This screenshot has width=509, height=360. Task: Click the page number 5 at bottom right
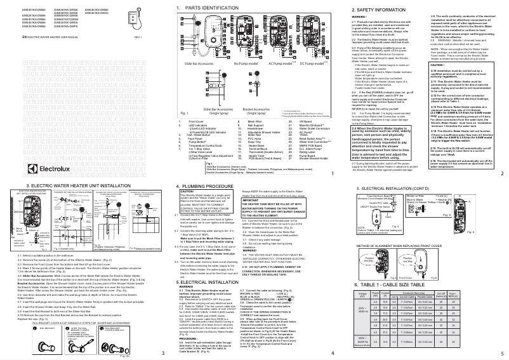503,352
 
